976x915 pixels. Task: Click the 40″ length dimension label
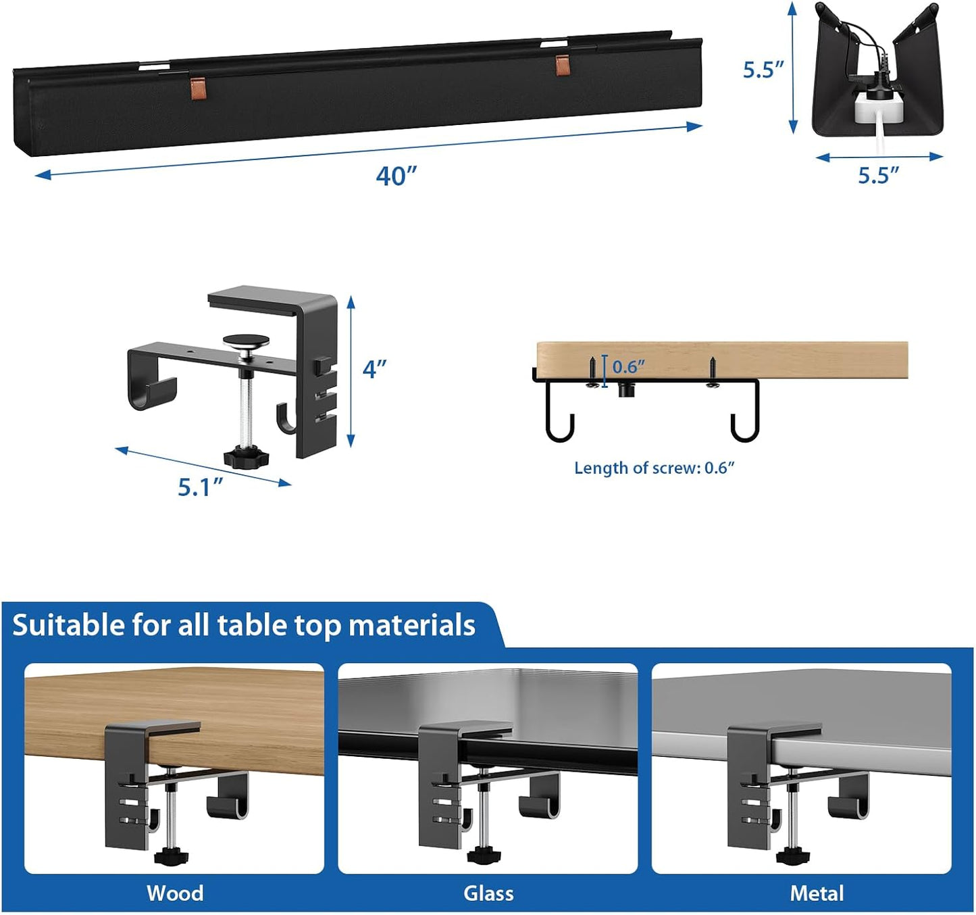pos(396,176)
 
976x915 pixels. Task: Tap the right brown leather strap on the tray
pos(563,65)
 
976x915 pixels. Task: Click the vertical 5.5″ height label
pos(763,70)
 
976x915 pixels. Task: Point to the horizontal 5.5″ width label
pos(879,176)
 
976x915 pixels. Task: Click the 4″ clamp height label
pos(375,369)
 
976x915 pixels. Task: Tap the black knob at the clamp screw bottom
pos(246,459)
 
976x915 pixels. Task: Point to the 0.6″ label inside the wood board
pos(628,367)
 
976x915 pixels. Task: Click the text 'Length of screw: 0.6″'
pos(654,468)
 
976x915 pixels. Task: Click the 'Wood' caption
pos(175,893)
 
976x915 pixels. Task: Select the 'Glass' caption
pos(488,893)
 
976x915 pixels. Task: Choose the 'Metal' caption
pos(817,893)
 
